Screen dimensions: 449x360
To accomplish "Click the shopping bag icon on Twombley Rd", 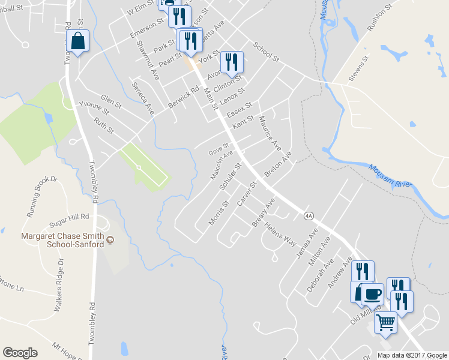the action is click(78, 41).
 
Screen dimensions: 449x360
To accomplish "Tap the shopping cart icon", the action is click(385, 322).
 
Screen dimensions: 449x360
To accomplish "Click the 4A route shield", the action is click(309, 215).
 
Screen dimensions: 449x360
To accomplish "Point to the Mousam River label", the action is click(390, 177).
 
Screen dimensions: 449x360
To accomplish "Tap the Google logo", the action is click(20, 353).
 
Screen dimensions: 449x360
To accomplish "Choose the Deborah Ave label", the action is click(319, 275).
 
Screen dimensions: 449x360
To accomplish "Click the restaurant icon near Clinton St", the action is click(231, 61).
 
